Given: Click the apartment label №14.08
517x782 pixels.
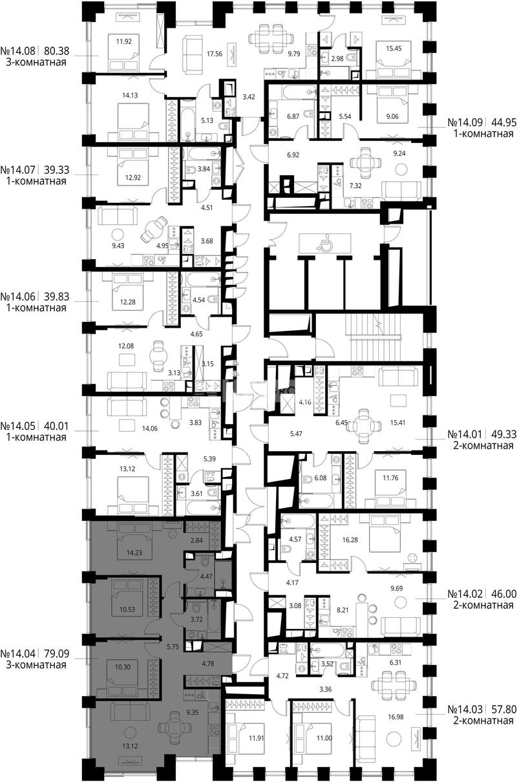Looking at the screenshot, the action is click(18, 51).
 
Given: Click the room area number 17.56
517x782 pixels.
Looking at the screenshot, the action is click(215, 54).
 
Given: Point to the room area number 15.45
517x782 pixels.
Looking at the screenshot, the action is click(394, 49).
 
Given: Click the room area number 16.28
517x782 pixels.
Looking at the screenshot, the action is click(350, 540).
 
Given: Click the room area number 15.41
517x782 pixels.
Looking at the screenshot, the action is click(397, 423).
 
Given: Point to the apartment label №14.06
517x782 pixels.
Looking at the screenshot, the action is click(18, 297).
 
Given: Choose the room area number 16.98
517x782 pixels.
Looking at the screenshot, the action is click(395, 717).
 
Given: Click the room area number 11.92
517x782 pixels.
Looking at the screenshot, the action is click(124, 41).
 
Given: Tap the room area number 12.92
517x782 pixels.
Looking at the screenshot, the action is click(133, 178).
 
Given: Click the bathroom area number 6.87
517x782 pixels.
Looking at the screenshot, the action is click(293, 116).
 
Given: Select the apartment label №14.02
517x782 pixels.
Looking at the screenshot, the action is click(465, 594).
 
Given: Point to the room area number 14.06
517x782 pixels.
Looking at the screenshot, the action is click(149, 428).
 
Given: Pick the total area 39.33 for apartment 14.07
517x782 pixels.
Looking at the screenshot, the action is click(57, 170).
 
